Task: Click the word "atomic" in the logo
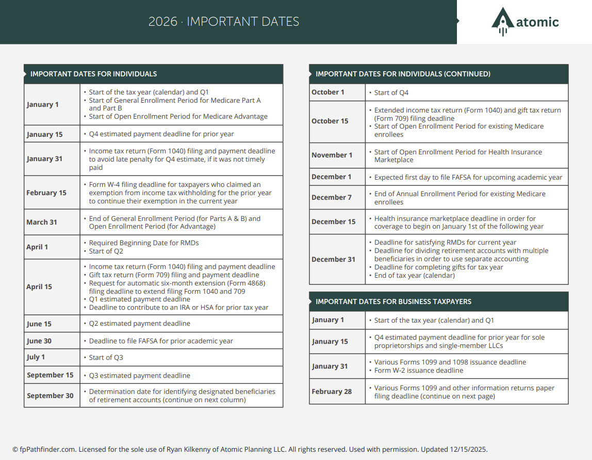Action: tap(537, 22)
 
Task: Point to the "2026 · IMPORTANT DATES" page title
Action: tap(224, 22)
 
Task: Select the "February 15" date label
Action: tap(46, 193)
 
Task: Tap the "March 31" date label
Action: tap(42, 222)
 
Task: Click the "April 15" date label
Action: tap(39, 287)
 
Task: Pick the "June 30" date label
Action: tap(39, 341)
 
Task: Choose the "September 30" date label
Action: tap(50, 395)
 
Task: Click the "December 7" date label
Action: tap(332, 197)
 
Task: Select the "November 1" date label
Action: tap(332, 155)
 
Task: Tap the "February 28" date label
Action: tap(332, 391)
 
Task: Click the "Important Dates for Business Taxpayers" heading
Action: tap(393, 302)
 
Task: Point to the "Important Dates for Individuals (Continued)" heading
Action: tap(403, 74)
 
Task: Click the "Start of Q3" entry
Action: tap(106, 357)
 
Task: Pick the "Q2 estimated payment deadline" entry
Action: tap(139, 323)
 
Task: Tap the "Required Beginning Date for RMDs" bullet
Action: tap(143, 243)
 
